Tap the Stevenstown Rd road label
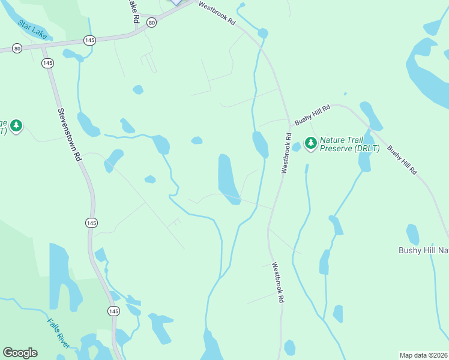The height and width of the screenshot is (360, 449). [69, 134]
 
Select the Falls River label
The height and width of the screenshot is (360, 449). [59, 332]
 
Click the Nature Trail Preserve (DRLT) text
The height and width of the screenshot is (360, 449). [349, 143]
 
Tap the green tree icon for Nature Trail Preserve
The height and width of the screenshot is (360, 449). [310, 142]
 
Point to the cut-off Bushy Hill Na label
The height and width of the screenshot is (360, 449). [424, 250]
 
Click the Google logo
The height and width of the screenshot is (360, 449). [20, 353]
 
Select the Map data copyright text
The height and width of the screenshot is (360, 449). [424, 355]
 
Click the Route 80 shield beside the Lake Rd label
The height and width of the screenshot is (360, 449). [152, 22]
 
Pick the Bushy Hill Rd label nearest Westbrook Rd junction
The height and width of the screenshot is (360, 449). [312, 113]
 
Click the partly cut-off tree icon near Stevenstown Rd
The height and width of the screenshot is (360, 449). [16, 126]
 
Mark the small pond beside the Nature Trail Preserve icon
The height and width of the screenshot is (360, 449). [297, 146]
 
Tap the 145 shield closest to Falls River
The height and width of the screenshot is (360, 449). [113, 311]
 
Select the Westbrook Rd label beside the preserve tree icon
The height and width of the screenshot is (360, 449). [286, 153]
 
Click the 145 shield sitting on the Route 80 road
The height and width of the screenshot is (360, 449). [89, 40]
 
